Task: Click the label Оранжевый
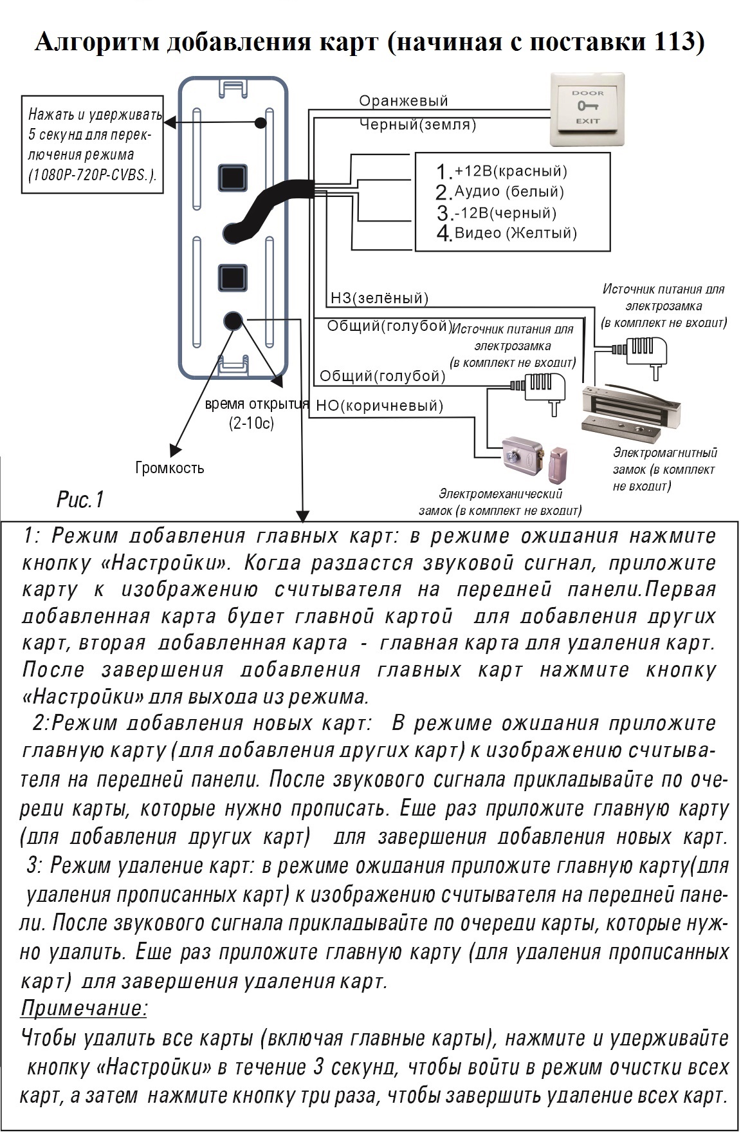pos(403,101)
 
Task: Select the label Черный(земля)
pos(417,125)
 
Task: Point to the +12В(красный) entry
pos(502,171)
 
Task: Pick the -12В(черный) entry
pos(497,212)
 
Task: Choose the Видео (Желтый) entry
pos(506,233)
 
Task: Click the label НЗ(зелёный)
pos(379,298)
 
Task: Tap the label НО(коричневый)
pos(380,406)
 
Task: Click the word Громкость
pos(170,468)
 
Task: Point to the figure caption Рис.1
pos(80,500)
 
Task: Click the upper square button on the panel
pos(233,177)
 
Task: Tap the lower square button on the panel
pos(233,278)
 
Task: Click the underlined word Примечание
pos(84,1007)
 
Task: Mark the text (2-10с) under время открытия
pos(252,424)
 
